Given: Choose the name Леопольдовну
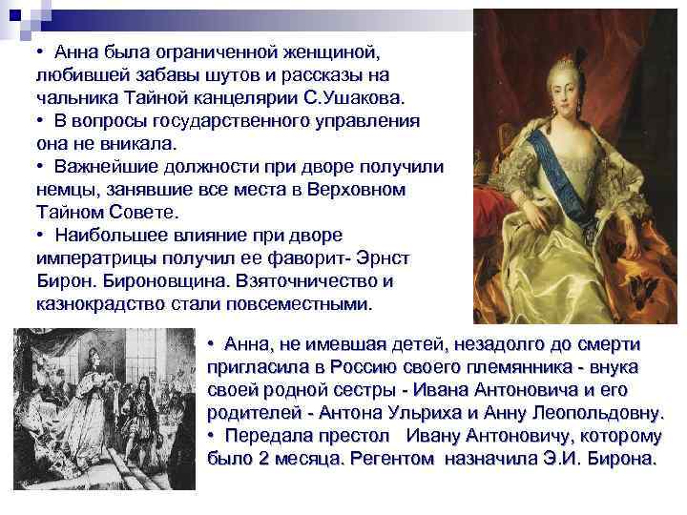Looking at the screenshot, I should tap(595, 413).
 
